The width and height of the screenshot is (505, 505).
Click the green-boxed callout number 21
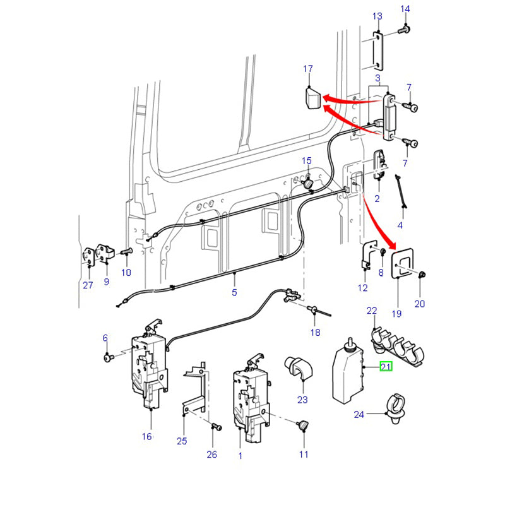click(386, 366)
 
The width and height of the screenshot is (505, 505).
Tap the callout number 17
click(308, 68)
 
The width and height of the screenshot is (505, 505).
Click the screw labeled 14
click(405, 29)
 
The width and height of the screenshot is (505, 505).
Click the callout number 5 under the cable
click(234, 293)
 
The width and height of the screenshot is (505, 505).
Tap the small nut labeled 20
click(422, 274)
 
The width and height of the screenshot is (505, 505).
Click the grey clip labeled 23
click(296, 368)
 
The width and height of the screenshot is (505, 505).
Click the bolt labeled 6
click(107, 357)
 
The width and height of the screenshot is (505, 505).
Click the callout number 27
click(88, 285)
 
